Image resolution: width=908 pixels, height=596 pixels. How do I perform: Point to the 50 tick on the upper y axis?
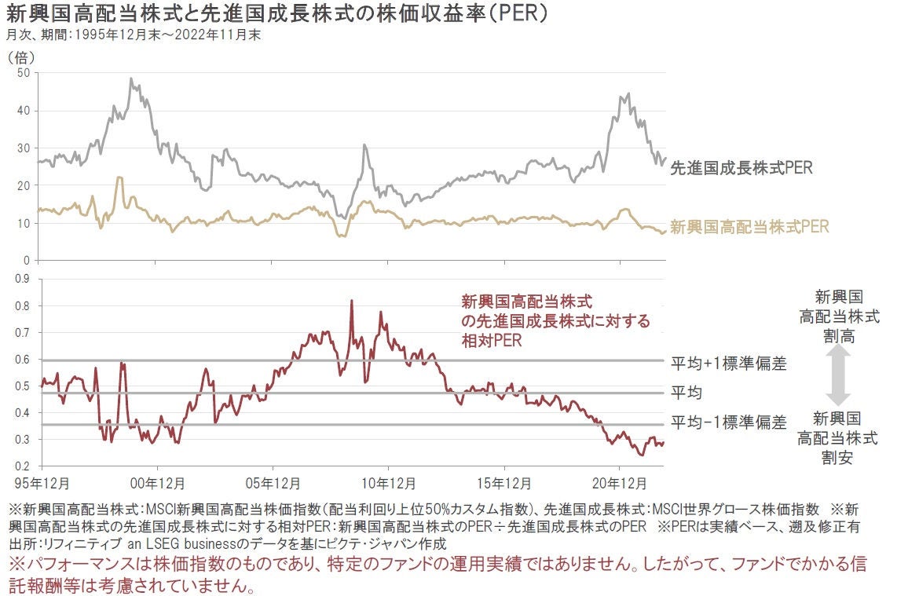[x=23, y=73]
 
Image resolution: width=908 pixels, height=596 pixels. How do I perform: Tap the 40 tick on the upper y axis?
[x=23, y=111]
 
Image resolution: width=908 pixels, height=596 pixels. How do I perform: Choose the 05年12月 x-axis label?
[x=272, y=481]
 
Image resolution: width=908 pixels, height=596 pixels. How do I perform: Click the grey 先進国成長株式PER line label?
[x=741, y=167]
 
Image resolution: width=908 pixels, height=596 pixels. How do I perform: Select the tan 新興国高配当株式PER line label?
[x=749, y=227]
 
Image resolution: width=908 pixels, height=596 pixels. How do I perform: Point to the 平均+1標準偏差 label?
[x=728, y=364]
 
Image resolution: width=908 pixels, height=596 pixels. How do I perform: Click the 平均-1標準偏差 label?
[x=728, y=423]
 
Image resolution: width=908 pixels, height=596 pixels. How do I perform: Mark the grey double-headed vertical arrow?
[x=838, y=375]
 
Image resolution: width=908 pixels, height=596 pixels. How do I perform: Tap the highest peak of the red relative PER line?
[x=351, y=301]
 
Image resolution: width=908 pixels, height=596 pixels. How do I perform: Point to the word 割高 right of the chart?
[x=839, y=337]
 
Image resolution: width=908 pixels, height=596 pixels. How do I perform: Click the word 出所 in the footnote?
[x=19, y=543]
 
